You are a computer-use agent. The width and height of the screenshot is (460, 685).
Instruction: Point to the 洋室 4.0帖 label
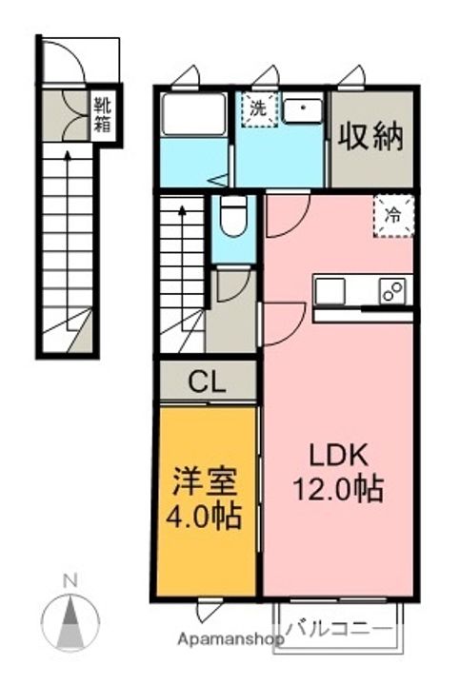tap(204, 499)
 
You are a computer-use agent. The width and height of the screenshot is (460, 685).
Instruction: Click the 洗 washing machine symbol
tap(260, 109)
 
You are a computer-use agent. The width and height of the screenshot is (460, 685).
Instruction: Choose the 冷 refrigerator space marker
tap(393, 216)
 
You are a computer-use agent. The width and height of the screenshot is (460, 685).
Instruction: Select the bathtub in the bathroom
tap(192, 114)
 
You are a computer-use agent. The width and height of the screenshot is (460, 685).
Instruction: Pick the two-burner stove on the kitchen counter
tap(392, 291)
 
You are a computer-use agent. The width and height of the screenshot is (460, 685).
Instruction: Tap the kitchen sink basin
tap(330, 291)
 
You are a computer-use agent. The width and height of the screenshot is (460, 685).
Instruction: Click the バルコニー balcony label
tap(338, 630)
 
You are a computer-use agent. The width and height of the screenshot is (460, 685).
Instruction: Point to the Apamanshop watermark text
tap(230, 639)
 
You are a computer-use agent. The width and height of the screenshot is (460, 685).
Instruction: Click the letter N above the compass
tap(70, 581)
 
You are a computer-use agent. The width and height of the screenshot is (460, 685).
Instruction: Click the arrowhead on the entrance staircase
tap(68, 155)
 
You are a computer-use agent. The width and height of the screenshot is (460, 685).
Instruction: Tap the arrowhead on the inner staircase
tap(182, 211)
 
